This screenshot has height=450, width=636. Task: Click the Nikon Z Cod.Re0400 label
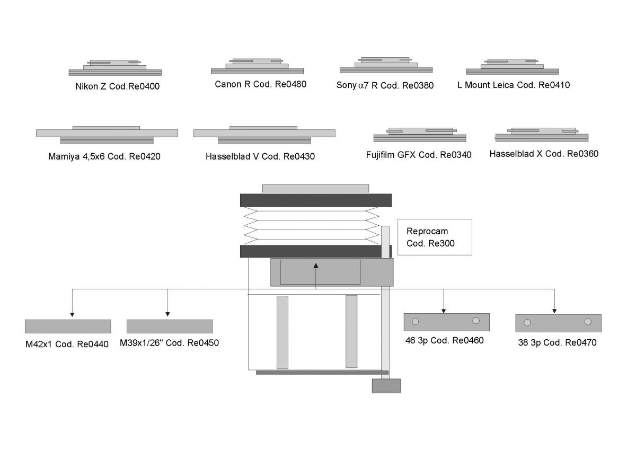[x=117, y=87]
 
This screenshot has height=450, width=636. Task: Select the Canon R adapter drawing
[x=257, y=67]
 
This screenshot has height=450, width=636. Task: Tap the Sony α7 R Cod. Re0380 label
[x=385, y=85]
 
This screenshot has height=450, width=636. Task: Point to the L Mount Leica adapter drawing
[x=512, y=67]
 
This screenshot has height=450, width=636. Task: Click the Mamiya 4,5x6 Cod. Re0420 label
[x=104, y=157]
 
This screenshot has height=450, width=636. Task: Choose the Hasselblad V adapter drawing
[x=264, y=135]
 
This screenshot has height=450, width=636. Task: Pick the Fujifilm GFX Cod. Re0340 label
[x=419, y=155]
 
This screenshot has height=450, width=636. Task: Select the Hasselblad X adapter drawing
[x=541, y=135]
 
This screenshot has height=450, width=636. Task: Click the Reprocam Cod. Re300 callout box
[x=434, y=237]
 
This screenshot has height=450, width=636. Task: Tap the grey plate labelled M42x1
[x=68, y=327]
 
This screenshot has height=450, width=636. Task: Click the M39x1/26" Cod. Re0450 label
[x=169, y=343]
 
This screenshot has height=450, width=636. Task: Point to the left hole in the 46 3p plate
[x=416, y=321]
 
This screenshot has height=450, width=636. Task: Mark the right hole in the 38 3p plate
[x=588, y=321]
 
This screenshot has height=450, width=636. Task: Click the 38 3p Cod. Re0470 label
[x=557, y=343]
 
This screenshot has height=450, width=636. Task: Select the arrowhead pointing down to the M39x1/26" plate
[x=167, y=313]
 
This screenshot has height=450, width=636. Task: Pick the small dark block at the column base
[x=386, y=386]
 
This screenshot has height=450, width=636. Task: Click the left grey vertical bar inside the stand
[x=282, y=332]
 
